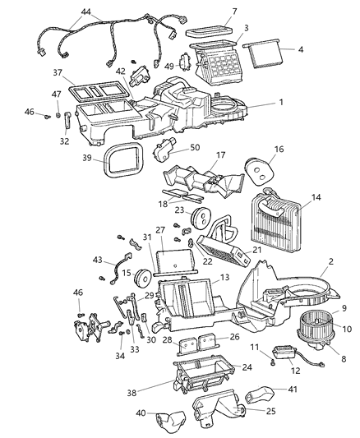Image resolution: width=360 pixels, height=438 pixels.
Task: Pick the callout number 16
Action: click(x=279, y=150)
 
